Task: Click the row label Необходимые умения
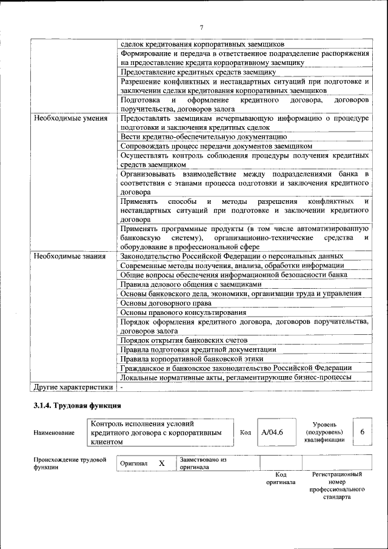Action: pos(67,118)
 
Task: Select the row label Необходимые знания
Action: pos(66,256)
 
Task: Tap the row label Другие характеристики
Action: pos(73,386)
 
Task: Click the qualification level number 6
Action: pos(362,432)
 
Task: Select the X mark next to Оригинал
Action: pos(162,463)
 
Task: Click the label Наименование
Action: pos(55,433)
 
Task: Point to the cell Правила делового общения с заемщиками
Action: pos(191,284)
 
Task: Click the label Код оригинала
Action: pos(281,479)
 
